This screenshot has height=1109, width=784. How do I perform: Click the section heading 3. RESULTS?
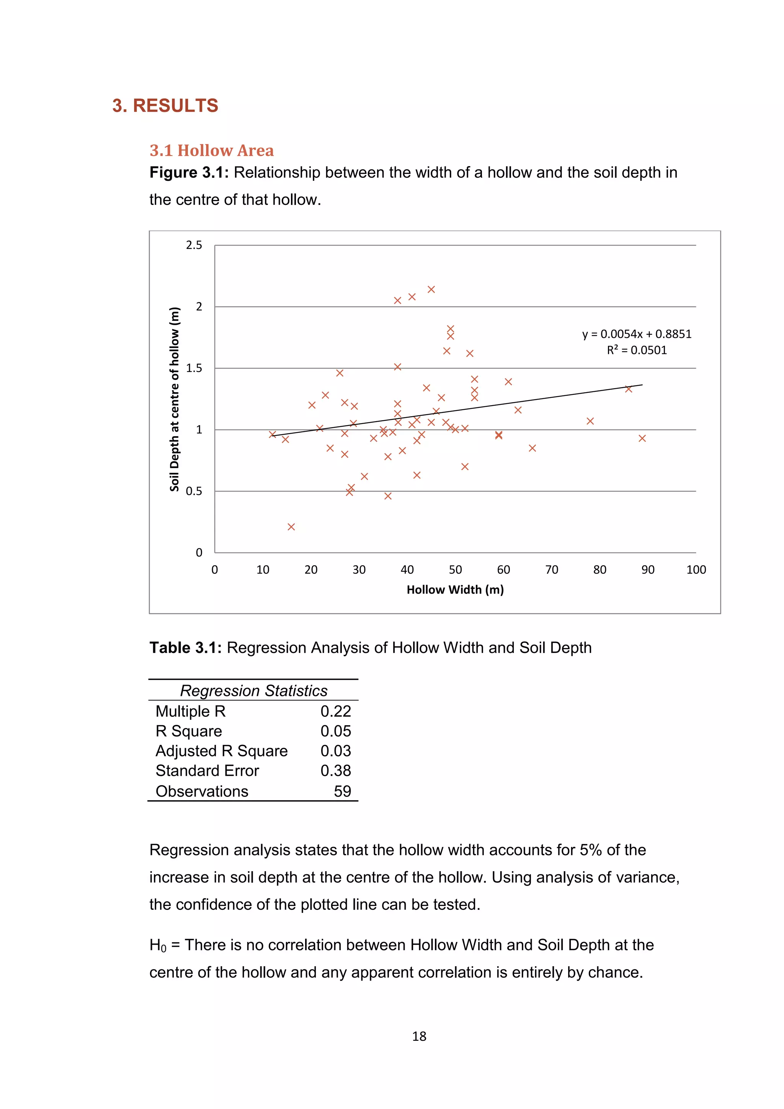click(x=165, y=105)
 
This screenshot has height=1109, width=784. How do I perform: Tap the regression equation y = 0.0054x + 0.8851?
click(x=636, y=334)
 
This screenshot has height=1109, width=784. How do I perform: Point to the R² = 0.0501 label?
click(x=636, y=350)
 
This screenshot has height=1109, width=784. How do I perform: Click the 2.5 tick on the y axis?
click(x=194, y=245)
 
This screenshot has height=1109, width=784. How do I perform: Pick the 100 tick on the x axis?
click(x=696, y=569)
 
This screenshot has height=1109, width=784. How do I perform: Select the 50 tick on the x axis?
click(x=455, y=569)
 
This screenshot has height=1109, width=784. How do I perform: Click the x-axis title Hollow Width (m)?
click(x=455, y=590)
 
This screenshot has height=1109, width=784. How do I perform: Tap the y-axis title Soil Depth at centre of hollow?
click(x=174, y=399)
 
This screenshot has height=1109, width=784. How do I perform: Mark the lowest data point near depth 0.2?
click(x=291, y=527)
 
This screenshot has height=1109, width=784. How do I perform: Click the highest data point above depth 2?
click(x=431, y=290)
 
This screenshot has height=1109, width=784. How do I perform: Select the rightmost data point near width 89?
click(x=642, y=438)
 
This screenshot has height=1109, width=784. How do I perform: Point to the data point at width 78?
click(x=590, y=421)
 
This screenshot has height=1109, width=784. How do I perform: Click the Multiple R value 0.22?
click(x=335, y=711)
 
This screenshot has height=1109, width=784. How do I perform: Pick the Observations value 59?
click(x=342, y=791)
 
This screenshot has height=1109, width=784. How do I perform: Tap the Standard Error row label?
click(x=207, y=770)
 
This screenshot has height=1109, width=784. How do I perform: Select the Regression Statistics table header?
click(x=253, y=691)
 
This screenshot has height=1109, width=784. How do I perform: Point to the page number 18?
click(x=419, y=1036)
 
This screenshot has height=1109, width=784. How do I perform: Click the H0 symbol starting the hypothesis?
click(x=157, y=945)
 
